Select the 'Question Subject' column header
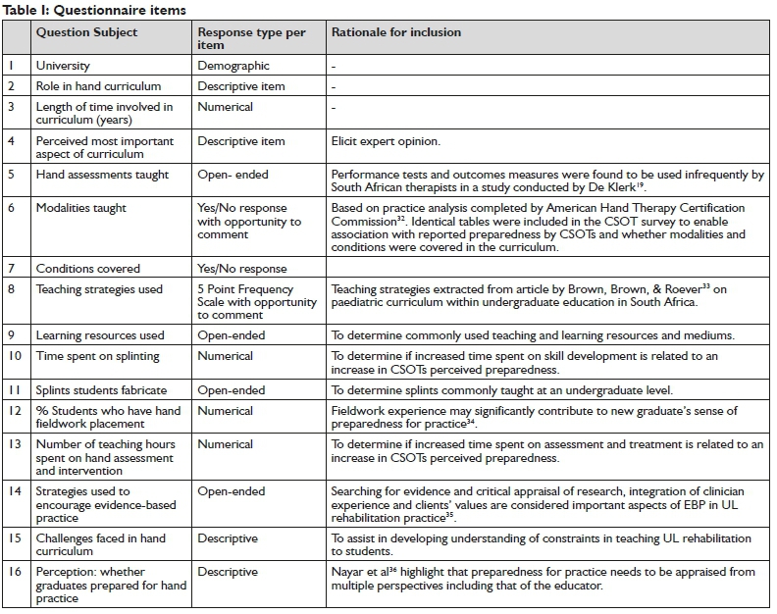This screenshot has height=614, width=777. [86, 32]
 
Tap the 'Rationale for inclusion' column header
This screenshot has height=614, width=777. [395, 32]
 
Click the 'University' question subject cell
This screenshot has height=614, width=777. [63, 66]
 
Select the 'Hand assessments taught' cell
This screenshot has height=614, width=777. [102, 175]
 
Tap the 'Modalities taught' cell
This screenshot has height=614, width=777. [81, 208]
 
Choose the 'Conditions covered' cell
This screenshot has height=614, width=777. [88, 268]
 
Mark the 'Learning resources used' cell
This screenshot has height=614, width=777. [100, 335]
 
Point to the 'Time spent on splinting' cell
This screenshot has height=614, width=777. [98, 356]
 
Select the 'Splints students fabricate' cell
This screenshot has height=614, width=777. [101, 389]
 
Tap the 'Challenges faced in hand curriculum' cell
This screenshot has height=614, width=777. [100, 545]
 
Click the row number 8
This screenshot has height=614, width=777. [14, 289]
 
